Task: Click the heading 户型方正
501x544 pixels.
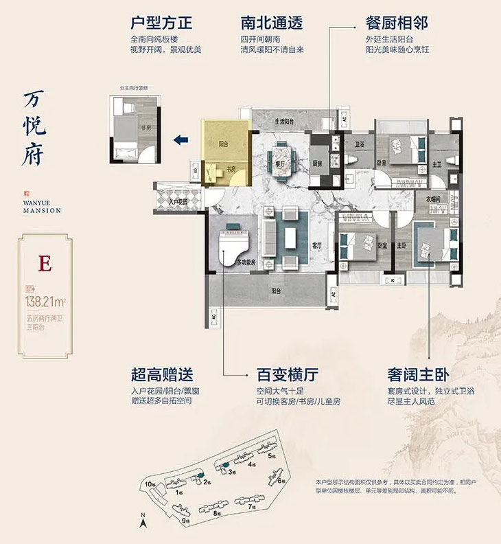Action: point(161,23)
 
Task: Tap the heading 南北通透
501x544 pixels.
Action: point(272,23)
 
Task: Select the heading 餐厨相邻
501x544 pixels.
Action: point(397,23)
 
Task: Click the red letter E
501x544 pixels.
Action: point(45,264)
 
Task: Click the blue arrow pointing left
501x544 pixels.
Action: point(181,140)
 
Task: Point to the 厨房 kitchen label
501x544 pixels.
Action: point(317,165)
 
